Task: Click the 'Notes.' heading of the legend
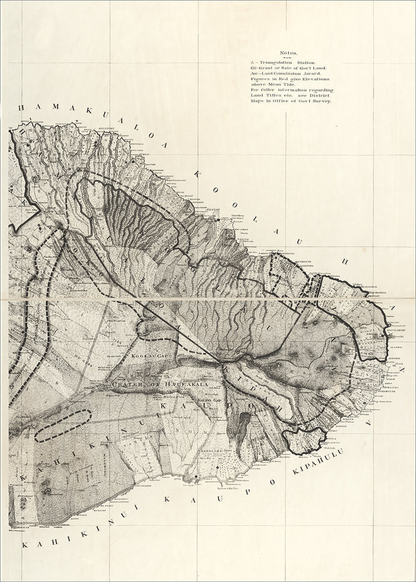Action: click(288, 53)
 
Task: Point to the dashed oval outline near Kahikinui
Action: click(63, 426)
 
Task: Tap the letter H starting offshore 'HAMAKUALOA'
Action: click(21, 108)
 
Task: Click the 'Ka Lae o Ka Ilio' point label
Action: click(228, 489)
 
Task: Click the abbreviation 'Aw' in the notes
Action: click(254, 73)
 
